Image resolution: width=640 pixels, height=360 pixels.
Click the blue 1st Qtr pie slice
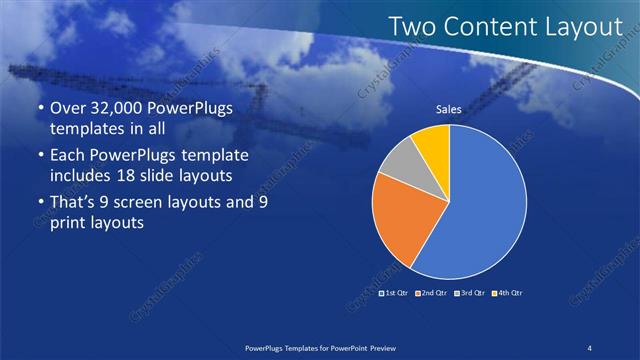point(480,210)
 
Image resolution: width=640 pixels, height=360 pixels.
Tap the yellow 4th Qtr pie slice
point(433,141)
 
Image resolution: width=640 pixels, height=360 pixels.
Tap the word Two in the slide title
point(410,27)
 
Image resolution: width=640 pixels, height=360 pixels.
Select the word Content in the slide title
point(487,27)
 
